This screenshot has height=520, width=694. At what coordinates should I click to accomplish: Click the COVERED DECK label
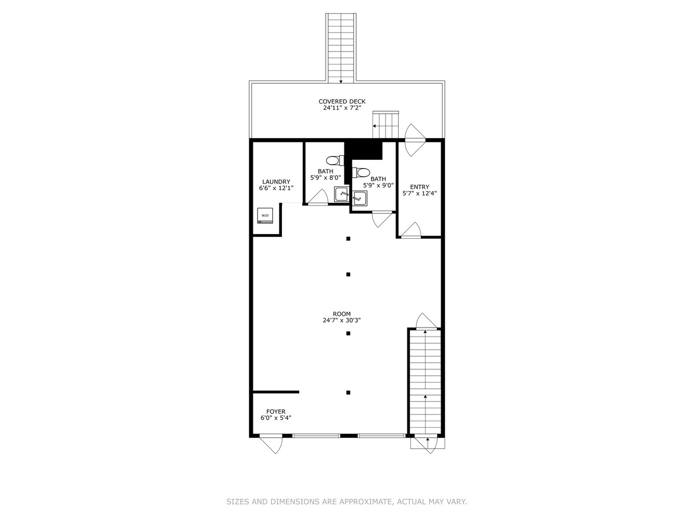(x=342, y=102)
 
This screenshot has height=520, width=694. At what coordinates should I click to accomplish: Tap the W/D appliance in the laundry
(x=265, y=216)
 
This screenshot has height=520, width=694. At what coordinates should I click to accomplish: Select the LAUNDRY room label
(x=276, y=182)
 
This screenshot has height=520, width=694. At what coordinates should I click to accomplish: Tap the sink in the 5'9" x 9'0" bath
(x=359, y=198)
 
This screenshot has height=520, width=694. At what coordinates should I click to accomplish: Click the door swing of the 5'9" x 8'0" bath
(x=318, y=197)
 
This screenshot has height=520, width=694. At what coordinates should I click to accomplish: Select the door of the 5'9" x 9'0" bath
(x=382, y=219)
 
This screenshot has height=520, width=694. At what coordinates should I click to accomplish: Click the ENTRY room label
(x=419, y=187)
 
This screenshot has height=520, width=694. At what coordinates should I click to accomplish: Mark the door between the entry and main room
(x=411, y=231)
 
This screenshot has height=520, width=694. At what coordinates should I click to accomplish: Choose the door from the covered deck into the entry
(x=414, y=140)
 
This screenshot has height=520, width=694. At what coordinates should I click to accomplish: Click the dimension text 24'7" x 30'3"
(x=342, y=320)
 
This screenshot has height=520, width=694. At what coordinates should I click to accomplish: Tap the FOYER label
(x=276, y=412)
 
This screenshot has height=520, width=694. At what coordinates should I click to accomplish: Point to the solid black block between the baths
(x=364, y=150)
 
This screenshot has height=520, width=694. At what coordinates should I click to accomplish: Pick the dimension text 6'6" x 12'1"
(x=276, y=188)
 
